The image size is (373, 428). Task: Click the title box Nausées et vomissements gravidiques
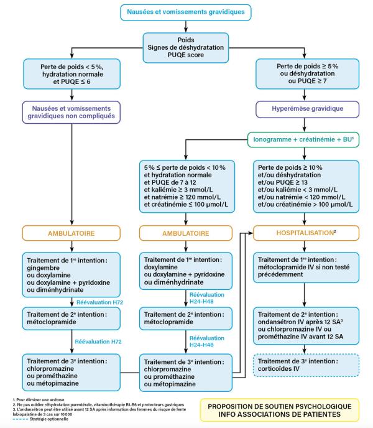coord(185,12)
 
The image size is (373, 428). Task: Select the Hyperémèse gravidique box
coord(307,109)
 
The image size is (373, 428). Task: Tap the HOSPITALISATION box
coord(306,233)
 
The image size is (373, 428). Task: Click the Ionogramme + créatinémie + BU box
coord(303,140)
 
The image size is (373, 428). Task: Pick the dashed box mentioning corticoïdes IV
coord(306,365)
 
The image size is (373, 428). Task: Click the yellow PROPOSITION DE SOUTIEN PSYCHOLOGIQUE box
coord(279,410)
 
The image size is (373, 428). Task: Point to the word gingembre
coord(43,268)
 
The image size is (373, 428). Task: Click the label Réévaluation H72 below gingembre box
coord(99,302)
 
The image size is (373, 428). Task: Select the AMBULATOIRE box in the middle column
coord(185,233)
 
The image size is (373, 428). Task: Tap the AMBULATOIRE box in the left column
coord(71,233)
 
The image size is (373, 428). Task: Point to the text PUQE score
coord(185,55)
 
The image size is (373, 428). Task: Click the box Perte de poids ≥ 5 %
coord(307,73)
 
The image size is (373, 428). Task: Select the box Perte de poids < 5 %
coord(71,74)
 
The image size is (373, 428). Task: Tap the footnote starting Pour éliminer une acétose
coord(39,399)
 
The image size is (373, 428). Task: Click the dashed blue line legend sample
coord(21,419)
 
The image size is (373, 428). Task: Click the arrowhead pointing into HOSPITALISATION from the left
coord(251,233)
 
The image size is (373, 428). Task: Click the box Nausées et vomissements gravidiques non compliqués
coord(71,113)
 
